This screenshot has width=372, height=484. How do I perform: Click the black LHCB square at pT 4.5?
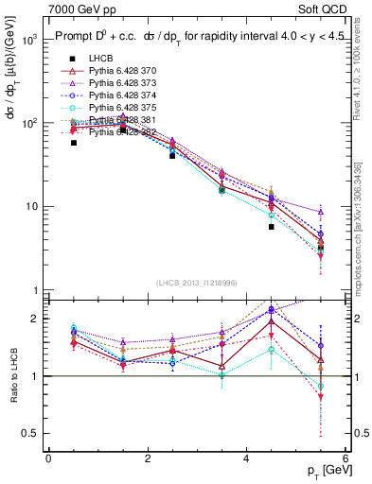(272, 227)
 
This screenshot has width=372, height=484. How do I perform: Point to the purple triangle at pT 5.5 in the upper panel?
(321, 212)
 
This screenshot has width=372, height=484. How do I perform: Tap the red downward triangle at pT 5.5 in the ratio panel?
(321, 397)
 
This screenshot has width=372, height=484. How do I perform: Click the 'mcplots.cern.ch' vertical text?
(363, 227)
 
